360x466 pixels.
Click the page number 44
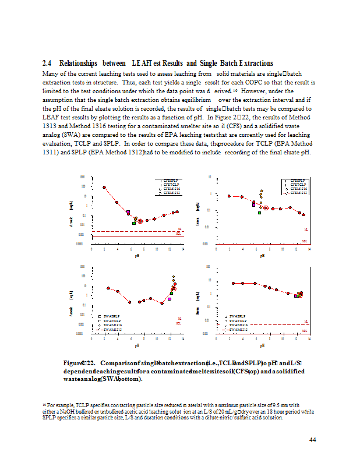pos(312,440)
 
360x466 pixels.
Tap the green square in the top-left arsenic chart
pos(134,223)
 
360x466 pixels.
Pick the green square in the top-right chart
pos(259,213)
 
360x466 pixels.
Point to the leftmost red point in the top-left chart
pos(104,187)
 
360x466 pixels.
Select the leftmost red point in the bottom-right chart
pos(233,283)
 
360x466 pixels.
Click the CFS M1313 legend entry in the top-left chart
pos(168,193)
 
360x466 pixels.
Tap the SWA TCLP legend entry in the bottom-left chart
pos(113,320)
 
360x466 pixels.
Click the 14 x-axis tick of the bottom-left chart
pos(182,338)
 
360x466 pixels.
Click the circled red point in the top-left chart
pos(140,221)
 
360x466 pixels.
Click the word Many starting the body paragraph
pos(51,74)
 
